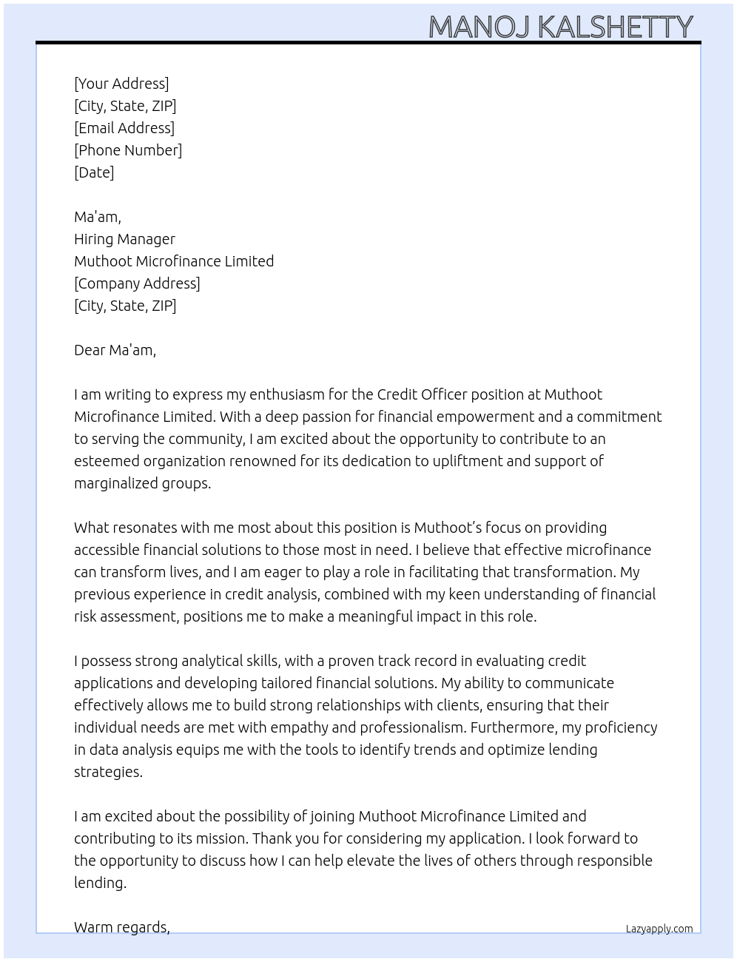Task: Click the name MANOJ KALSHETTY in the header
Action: tap(560, 27)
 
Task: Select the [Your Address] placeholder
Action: tap(121, 84)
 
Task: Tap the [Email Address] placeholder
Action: tap(124, 128)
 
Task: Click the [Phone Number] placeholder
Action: tap(128, 150)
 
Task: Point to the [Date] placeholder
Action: tap(94, 172)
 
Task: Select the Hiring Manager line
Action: tap(124, 239)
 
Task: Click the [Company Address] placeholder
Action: tap(137, 283)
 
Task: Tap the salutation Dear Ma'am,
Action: tap(115, 350)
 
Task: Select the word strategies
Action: tap(107, 772)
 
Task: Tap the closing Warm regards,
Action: tap(121, 927)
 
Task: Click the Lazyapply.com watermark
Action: tap(659, 929)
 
